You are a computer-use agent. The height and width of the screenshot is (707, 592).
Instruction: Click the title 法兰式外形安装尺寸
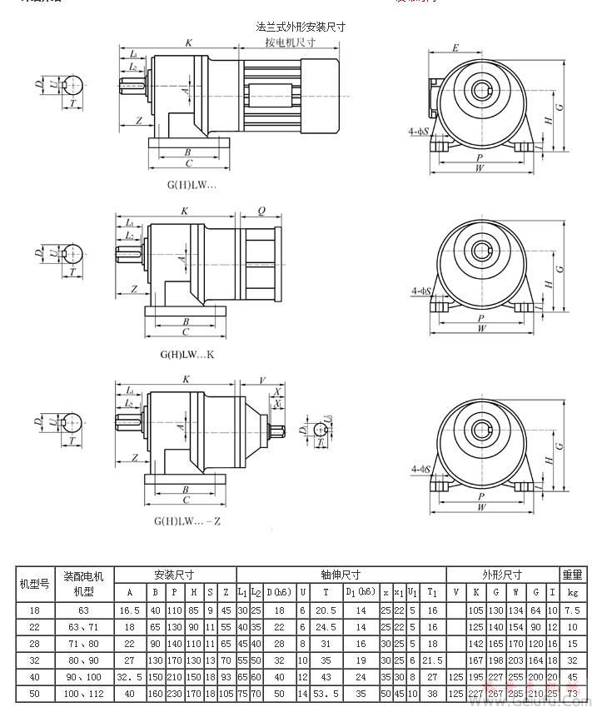301,27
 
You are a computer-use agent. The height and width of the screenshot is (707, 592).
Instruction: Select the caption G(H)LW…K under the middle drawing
187,354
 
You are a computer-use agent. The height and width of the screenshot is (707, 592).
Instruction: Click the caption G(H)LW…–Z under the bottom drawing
187,520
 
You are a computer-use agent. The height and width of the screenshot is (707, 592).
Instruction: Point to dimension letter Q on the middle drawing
261,212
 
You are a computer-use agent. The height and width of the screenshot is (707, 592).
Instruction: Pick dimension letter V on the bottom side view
261,380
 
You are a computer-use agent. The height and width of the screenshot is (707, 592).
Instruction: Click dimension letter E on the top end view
455,47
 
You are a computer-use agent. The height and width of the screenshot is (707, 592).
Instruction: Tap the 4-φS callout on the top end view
419,132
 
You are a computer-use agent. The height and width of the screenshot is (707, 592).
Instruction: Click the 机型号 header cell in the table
35,584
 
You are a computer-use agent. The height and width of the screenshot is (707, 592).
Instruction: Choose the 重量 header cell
572,575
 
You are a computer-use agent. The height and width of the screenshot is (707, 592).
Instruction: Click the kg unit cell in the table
572,593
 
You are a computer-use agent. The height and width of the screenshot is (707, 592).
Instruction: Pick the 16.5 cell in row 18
129,610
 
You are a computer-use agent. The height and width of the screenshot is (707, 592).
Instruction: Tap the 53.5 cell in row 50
326,693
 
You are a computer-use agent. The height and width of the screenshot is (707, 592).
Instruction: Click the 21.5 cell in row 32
432,660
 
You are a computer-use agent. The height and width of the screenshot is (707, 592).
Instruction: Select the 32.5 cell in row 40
129,676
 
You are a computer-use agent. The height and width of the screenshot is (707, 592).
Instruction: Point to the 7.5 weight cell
572,610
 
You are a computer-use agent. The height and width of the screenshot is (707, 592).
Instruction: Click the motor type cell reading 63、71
83,627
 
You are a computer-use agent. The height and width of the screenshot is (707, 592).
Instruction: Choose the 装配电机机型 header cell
83,584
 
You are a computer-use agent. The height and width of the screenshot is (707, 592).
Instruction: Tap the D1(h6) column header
361,593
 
